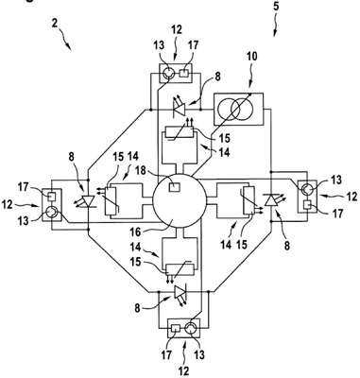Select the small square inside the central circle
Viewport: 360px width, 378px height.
[175, 187]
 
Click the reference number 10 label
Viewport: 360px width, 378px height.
[251, 57]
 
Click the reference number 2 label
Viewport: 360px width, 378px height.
[55, 24]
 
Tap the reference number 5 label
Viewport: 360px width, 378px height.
[276, 7]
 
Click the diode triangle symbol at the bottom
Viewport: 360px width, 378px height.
[180, 292]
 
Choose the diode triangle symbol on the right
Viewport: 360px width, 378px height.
[271, 200]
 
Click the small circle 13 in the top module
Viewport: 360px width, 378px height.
[167, 74]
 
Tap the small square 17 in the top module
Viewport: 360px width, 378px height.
[183, 74]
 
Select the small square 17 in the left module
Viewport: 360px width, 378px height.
[50, 198]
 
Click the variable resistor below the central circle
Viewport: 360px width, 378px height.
[179, 268]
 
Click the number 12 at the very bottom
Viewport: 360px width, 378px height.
[183, 371]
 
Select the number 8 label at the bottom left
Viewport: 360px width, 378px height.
[137, 308]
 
